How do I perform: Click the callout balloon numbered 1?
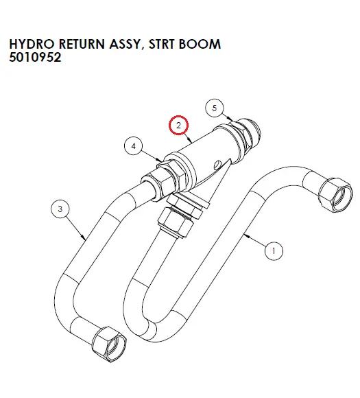click(274, 250)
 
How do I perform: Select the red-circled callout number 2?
click(178, 126)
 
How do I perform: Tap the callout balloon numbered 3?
click(60, 209)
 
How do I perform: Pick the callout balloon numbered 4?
click(134, 146)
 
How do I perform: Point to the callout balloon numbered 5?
click(215, 108)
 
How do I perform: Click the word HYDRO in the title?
click(32, 44)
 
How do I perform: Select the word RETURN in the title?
click(82, 44)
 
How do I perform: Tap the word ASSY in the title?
click(124, 44)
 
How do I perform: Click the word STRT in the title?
click(162, 44)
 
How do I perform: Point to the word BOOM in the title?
click(200, 44)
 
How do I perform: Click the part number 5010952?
click(35, 57)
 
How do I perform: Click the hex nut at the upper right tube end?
click(335, 195)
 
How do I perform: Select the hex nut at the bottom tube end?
click(109, 344)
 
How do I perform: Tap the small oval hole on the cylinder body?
click(217, 165)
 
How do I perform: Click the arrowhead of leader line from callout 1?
click(246, 236)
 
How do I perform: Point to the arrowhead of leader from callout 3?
click(84, 238)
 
